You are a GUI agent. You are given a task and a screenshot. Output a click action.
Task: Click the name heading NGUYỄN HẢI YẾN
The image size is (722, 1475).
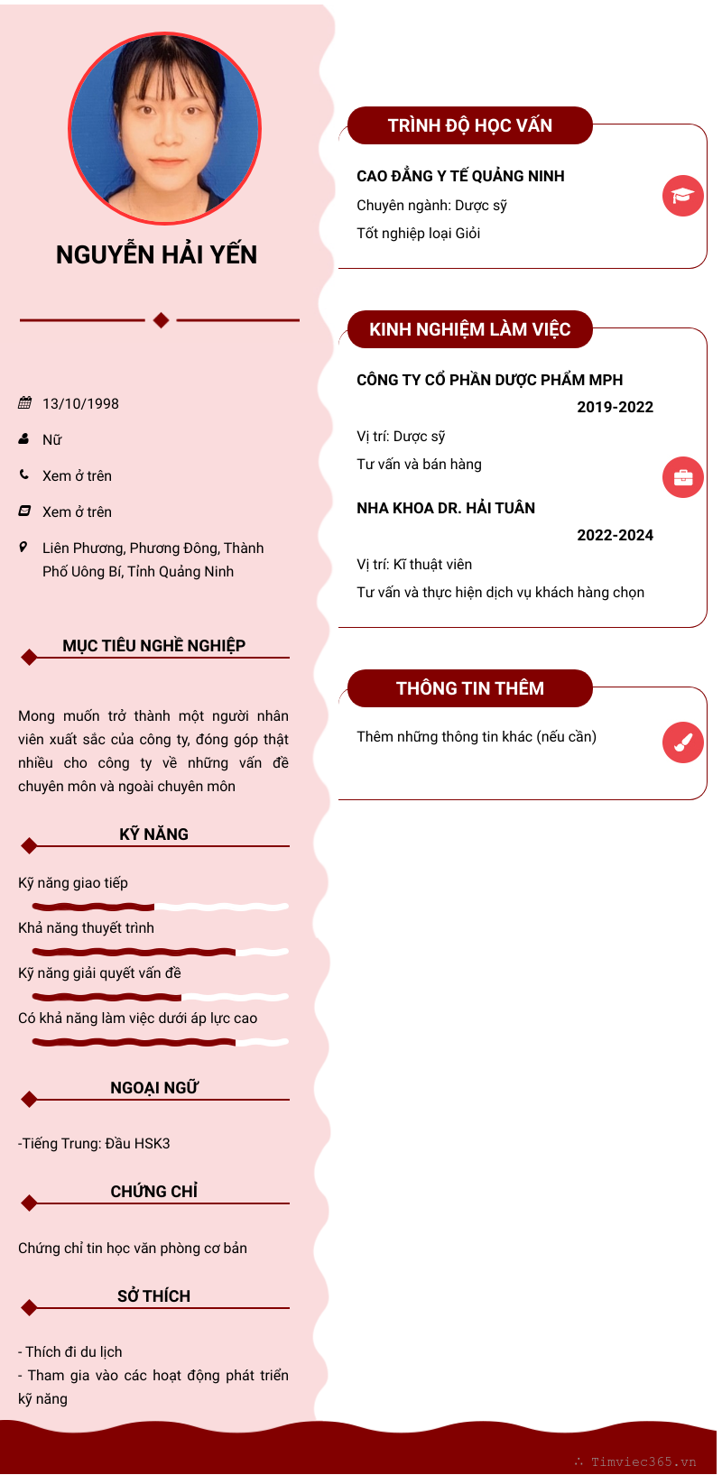[x=156, y=255]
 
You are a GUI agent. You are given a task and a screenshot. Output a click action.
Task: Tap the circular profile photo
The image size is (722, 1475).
[x=165, y=129]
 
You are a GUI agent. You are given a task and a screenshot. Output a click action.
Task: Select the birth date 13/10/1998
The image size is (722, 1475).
[x=80, y=404]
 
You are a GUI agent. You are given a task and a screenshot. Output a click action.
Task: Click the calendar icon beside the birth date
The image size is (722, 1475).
[x=24, y=403]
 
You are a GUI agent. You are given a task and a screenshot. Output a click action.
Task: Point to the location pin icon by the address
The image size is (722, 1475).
[x=23, y=547]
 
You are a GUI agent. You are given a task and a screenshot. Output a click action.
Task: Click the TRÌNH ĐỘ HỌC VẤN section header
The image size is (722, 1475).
[x=469, y=125]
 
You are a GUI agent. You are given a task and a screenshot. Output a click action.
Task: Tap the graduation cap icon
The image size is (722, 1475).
[x=682, y=196]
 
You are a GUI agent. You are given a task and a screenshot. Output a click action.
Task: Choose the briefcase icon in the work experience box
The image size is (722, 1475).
[x=682, y=477]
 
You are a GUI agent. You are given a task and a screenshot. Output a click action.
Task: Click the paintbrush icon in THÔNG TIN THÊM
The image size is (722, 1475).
[x=682, y=742]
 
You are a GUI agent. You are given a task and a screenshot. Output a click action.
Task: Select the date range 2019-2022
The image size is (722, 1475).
[x=615, y=407]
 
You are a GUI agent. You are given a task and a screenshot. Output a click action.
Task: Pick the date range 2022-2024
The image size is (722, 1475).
[x=615, y=535]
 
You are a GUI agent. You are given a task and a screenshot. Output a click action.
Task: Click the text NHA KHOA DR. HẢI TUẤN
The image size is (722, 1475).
[x=446, y=508]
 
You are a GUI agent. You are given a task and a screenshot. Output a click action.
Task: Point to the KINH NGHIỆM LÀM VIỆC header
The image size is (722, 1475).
[x=469, y=329]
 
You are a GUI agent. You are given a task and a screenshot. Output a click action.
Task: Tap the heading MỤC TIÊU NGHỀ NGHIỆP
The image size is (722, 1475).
[x=153, y=646]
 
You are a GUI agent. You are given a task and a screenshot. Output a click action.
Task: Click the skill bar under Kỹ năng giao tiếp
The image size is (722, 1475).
[x=160, y=907]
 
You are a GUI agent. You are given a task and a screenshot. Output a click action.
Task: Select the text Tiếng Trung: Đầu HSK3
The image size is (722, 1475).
[x=96, y=1144]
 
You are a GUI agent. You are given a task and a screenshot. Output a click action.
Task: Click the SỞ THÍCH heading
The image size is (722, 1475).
[x=153, y=1296]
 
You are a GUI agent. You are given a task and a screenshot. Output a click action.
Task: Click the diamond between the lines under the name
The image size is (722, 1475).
[x=161, y=319]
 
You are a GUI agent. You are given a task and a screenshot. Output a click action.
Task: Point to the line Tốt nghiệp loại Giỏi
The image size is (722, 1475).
[x=418, y=234]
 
